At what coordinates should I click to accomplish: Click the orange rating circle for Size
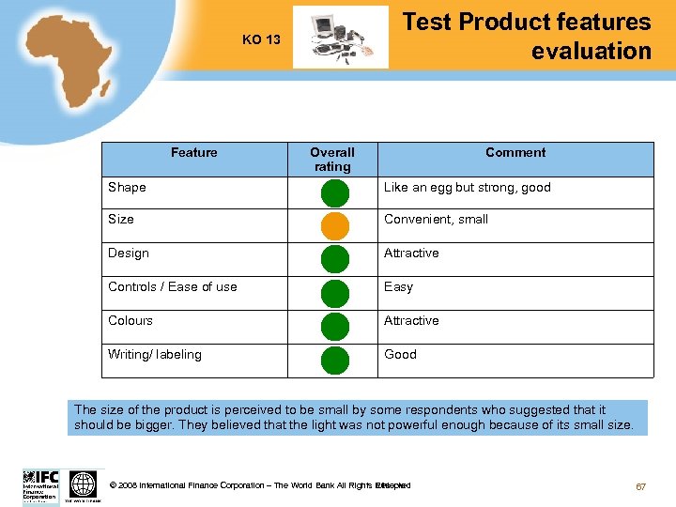pyautogui.click(x=334, y=226)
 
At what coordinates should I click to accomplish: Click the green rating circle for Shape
pyautogui.click(x=334, y=193)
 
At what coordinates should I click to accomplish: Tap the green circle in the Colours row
pyautogui.click(x=334, y=327)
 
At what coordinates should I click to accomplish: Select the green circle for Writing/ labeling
pyautogui.click(x=334, y=361)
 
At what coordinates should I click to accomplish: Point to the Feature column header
pyautogui.click(x=194, y=152)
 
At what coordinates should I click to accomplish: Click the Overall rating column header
pyautogui.click(x=332, y=159)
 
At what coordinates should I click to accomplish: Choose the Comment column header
pyautogui.click(x=515, y=152)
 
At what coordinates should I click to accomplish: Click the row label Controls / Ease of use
pyautogui.click(x=173, y=286)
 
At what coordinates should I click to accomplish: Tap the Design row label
pyautogui.click(x=129, y=253)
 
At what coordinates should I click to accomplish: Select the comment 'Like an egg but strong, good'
pyautogui.click(x=468, y=187)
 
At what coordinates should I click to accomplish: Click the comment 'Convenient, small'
pyautogui.click(x=437, y=219)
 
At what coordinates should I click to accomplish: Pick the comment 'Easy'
pyautogui.click(x=398, y=286)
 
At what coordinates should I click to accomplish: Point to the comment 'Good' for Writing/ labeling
pyautogui.click(x=400, y=354)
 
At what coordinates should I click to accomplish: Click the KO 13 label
pyautogui.click(x=261, y=39)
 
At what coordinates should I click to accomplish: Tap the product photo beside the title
pyautogui.click(x=340, y=38)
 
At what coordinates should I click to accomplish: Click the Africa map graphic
pyautogui.click(x=66, y=61)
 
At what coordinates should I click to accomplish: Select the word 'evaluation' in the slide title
pyautogui.click(x=591, y=51)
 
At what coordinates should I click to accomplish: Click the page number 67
pyautogui.click(x=641, y=486)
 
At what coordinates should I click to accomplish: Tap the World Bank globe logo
pyautogui.click(x=84, y=484)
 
